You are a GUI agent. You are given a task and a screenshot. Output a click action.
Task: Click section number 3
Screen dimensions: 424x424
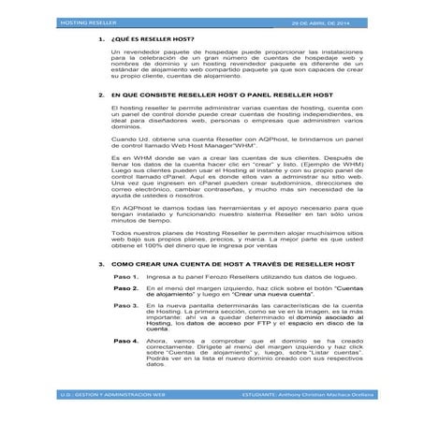[x=100, y=266]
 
